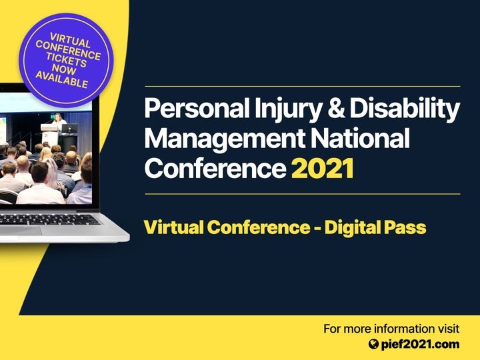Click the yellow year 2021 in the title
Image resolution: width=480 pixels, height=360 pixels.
pos(323,169)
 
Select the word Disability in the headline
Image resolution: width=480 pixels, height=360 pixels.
pos(405,109)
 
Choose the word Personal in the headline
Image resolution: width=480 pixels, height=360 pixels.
pos(197,108)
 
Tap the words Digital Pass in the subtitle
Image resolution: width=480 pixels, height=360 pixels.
pos(375,228)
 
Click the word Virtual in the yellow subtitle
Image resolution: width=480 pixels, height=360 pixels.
pos(173,227)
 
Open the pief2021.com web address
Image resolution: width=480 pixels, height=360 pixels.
pos(420,345)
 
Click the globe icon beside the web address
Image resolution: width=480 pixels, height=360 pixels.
pos(373,345)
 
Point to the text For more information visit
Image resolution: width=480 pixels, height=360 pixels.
pos(391,329)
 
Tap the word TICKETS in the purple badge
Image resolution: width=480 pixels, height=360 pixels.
pos(67,60)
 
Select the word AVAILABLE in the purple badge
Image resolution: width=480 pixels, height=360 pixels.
pos(62,79)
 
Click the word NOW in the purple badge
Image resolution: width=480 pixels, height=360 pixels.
pos(64,69)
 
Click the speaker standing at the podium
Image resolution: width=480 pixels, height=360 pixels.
pos(58,119)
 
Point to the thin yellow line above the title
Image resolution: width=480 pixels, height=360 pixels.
pos(303,87)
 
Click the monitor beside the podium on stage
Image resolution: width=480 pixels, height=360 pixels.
pos(69,129)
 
